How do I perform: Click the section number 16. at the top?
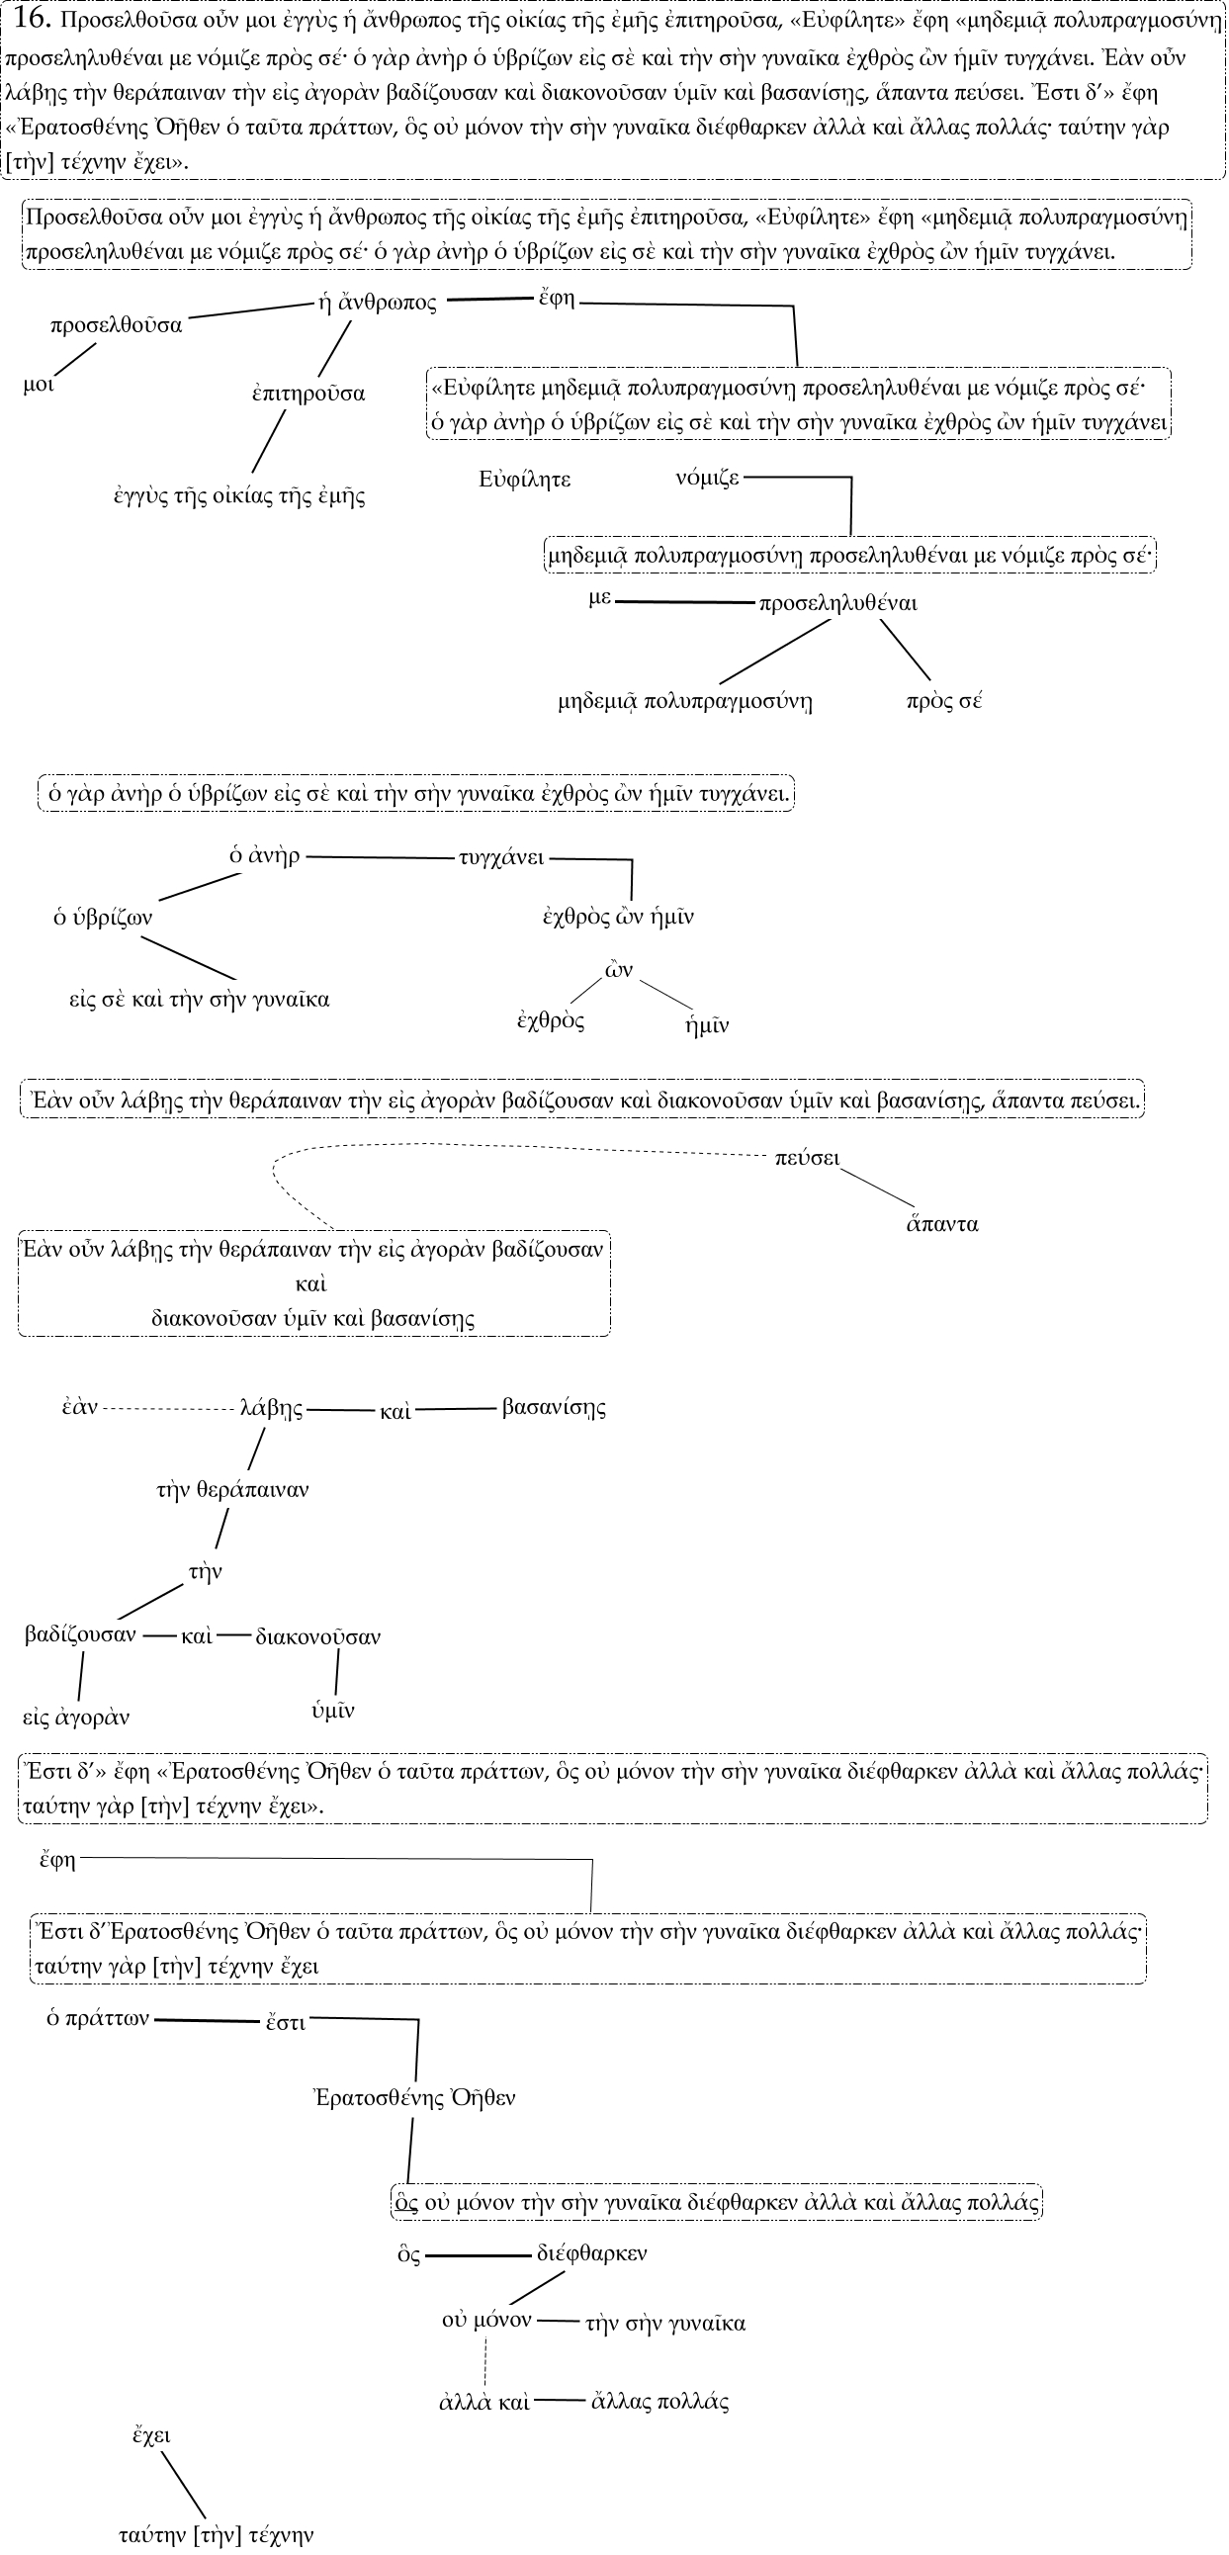click(34, 18)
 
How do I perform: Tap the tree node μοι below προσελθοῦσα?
click(39, 385)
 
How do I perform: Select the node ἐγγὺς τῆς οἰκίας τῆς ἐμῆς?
click(239, 496)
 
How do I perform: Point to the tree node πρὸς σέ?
click(943, 701)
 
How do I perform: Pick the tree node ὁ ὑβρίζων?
click(103, 918)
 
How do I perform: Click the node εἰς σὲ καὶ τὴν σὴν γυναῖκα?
click(200, 999)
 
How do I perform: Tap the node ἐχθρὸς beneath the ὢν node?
click(551, 1020)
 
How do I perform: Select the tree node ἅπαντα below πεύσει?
click(942, 1224)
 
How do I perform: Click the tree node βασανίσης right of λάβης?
click(554, 1406)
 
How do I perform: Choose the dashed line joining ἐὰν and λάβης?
click(169, 1408)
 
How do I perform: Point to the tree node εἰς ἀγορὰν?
click(76, 1716)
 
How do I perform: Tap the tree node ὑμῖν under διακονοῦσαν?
click(333, 1710)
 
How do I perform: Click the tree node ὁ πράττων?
click(98, 2017)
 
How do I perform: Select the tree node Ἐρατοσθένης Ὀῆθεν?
click(414, 2097)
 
